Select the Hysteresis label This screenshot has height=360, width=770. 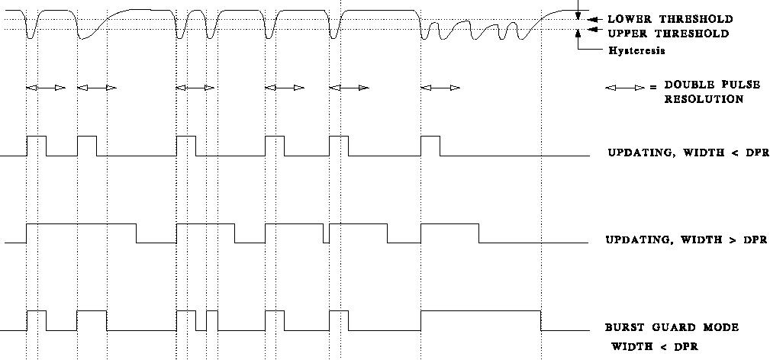pyautogui.click(x=637, y=50)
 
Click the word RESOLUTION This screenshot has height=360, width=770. pyautogui.click(x=704, y=99)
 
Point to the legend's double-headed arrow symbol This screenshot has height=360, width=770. pyautogui.click(x=625, y=88)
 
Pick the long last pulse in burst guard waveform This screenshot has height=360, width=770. pyautogui.click(x=482, y=311)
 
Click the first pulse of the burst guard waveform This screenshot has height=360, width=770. pyautogui.click(x=37, y=311)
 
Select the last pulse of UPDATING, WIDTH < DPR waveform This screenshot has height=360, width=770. pyautogui.click(x=430, y=137)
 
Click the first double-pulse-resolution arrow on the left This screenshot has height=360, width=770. pyautogui.click(x=46, y=88)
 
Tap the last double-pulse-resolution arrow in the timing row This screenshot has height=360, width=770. pyautogui.click(x=440, y=88)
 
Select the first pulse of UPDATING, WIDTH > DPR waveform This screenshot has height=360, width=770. pyautogui.click(x=82, y=224)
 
